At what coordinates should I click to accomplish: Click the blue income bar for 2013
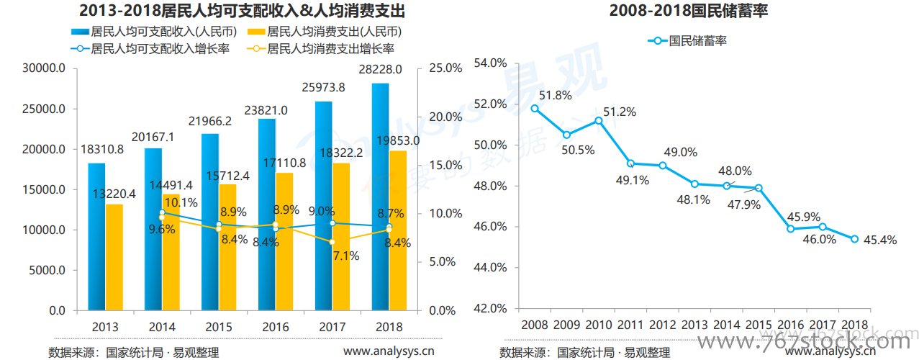[96, 238]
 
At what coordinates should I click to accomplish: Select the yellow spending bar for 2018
[398, 230]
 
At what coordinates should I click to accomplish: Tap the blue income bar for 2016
[266, 216]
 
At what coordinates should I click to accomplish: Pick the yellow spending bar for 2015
[227, 248]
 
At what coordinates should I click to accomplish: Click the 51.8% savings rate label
[555, 95]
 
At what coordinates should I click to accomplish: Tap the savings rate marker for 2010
[599, 120]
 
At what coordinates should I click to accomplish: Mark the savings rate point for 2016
[790, 229]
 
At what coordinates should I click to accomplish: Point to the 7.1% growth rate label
[346, 256]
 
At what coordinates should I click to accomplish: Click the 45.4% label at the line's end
[879, 240]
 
